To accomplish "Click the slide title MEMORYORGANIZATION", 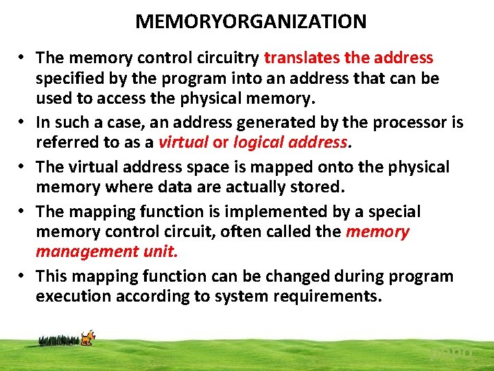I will click(x=250, y=21).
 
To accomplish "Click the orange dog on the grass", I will click(x=87, y=338).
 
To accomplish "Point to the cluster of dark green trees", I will click(x=59, y=339).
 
